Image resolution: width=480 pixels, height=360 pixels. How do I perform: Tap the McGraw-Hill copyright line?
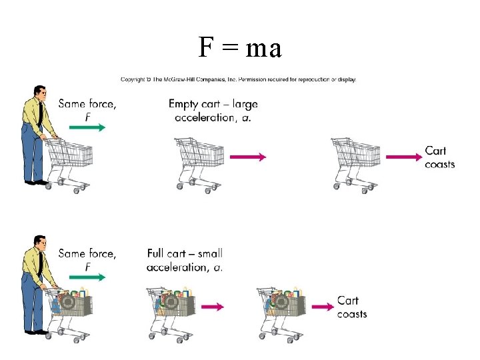(x=238, y=79)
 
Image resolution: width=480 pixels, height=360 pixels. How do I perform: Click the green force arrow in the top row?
(x=87, y=128)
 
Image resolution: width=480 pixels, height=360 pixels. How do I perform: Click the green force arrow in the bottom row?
(x=87, y=278)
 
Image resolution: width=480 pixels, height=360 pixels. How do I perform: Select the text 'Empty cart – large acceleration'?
(x=213, y=111)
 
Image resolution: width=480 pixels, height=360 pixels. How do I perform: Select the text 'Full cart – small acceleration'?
(x=185, y=260)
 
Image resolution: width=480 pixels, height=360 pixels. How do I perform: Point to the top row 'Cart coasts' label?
(x=439, y=157)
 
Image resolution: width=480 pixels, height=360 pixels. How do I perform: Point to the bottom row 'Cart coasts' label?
(x=351, y=307)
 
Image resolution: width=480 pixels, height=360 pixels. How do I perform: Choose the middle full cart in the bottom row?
(x=171, y=310)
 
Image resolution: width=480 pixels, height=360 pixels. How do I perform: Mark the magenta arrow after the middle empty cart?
(x=247, y=157)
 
